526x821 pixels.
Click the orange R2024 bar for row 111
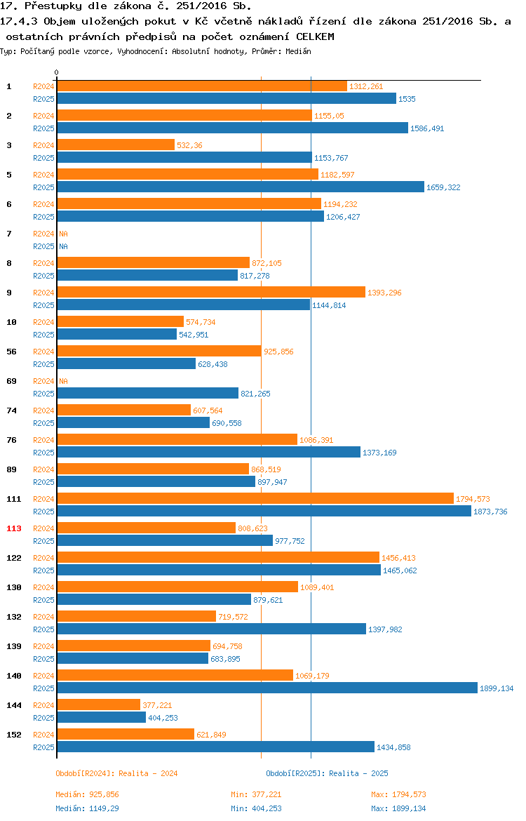[x=255, y=498]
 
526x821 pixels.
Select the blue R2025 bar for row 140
[x=267, y=688]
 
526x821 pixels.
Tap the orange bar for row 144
[x=99, y=705]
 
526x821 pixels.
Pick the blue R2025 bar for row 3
[x=184, y=158]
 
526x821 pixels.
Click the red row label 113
[x=13, y=528]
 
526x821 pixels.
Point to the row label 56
[x=11, y=352]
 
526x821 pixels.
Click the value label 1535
[x=407, y=99]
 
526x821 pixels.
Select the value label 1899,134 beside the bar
[x=497, y=688]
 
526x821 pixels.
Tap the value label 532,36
[x=189, y=145]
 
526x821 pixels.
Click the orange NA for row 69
[x=63, y=381]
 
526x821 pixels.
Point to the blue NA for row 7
[x=63, y=246]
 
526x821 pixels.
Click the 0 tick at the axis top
[x=57, y=72]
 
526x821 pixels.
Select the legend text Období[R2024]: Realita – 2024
[x=116, y=773]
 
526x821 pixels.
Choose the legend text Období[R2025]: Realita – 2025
[x=327, y=773]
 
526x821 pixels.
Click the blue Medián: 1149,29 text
[x=88, y=808]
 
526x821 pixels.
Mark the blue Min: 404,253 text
[x=257, y=808]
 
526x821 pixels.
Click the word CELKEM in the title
[x=315, y=36]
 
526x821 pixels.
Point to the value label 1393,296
[x=385, y=293]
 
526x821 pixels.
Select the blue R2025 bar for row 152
[x=215, y=747]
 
